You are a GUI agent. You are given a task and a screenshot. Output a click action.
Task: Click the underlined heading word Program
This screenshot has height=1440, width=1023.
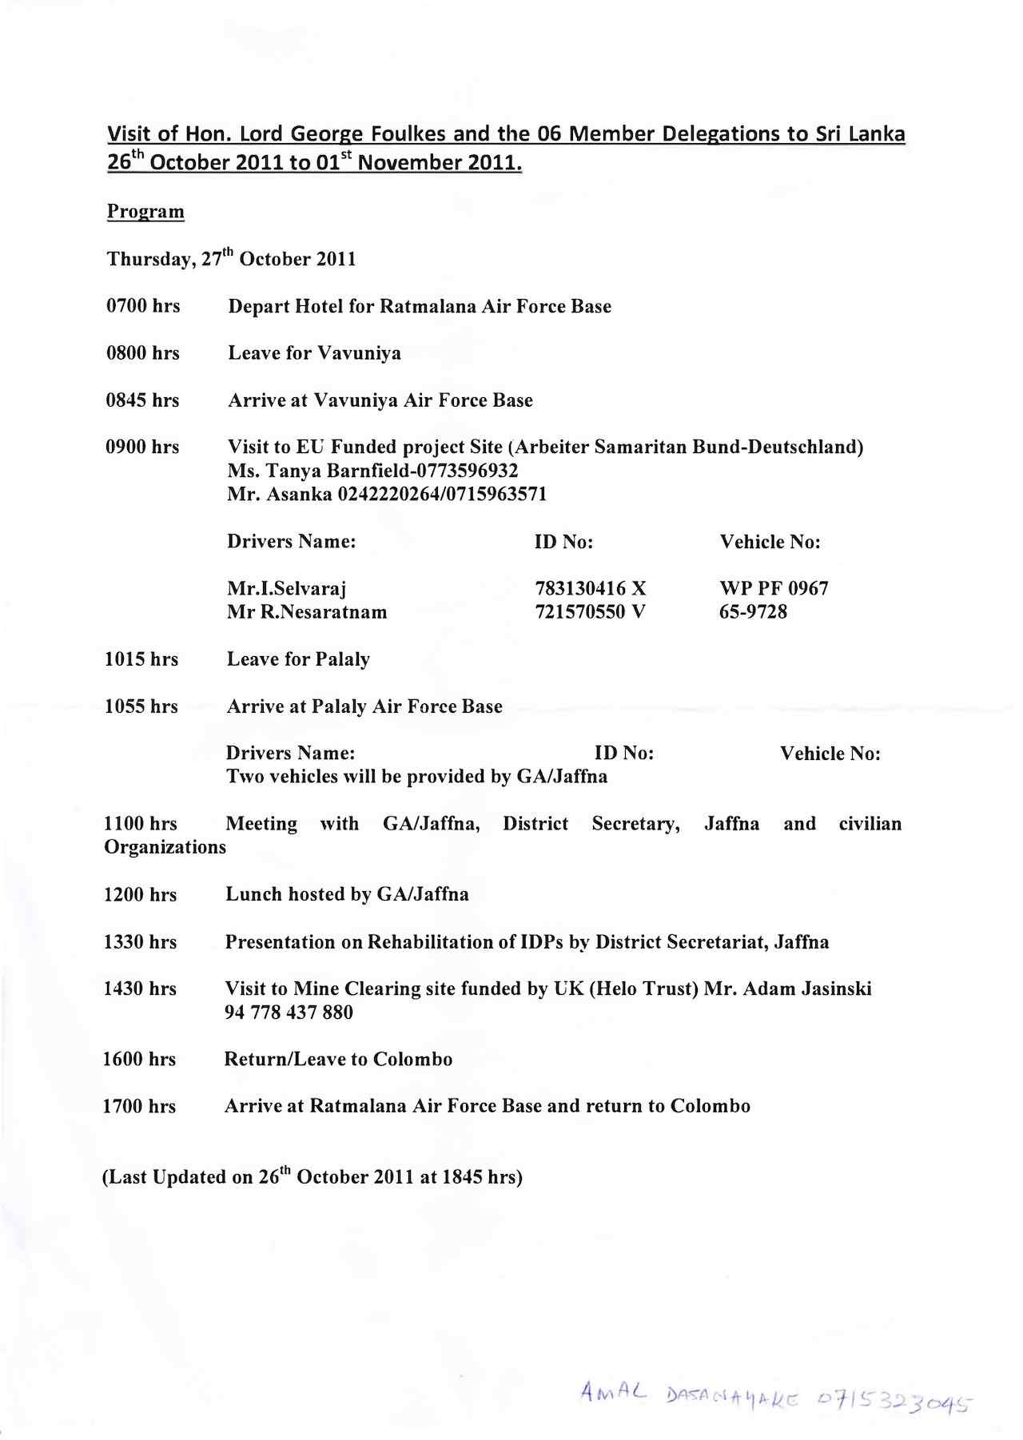(145, 212)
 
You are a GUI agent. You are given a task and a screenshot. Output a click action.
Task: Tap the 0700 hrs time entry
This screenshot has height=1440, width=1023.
(143, 306)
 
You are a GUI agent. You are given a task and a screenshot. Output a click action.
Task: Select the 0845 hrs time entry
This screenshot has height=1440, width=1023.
(143, 400)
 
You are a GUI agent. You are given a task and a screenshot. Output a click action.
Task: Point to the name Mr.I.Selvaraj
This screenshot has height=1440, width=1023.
(286, 589)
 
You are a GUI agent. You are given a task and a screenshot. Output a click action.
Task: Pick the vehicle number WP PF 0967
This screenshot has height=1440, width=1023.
(774, 589)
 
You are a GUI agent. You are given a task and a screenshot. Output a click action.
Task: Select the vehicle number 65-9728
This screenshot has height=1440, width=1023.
(753, 612)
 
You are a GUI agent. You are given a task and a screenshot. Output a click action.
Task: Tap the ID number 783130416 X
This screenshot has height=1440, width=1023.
(590, 589)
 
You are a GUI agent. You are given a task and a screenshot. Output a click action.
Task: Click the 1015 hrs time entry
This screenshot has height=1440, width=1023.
(141, 659)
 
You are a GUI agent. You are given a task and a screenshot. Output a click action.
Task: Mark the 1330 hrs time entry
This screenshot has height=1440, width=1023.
(140, 942)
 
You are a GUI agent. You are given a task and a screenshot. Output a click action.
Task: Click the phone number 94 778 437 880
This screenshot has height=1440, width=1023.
(289, 1012)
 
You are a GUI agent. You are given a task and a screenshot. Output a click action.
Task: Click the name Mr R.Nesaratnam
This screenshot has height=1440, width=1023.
(307, 612)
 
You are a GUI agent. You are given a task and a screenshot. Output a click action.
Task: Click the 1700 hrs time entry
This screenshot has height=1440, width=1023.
(139, 1107)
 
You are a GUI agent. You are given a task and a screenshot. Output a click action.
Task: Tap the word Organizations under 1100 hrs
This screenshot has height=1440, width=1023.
(165, 847)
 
